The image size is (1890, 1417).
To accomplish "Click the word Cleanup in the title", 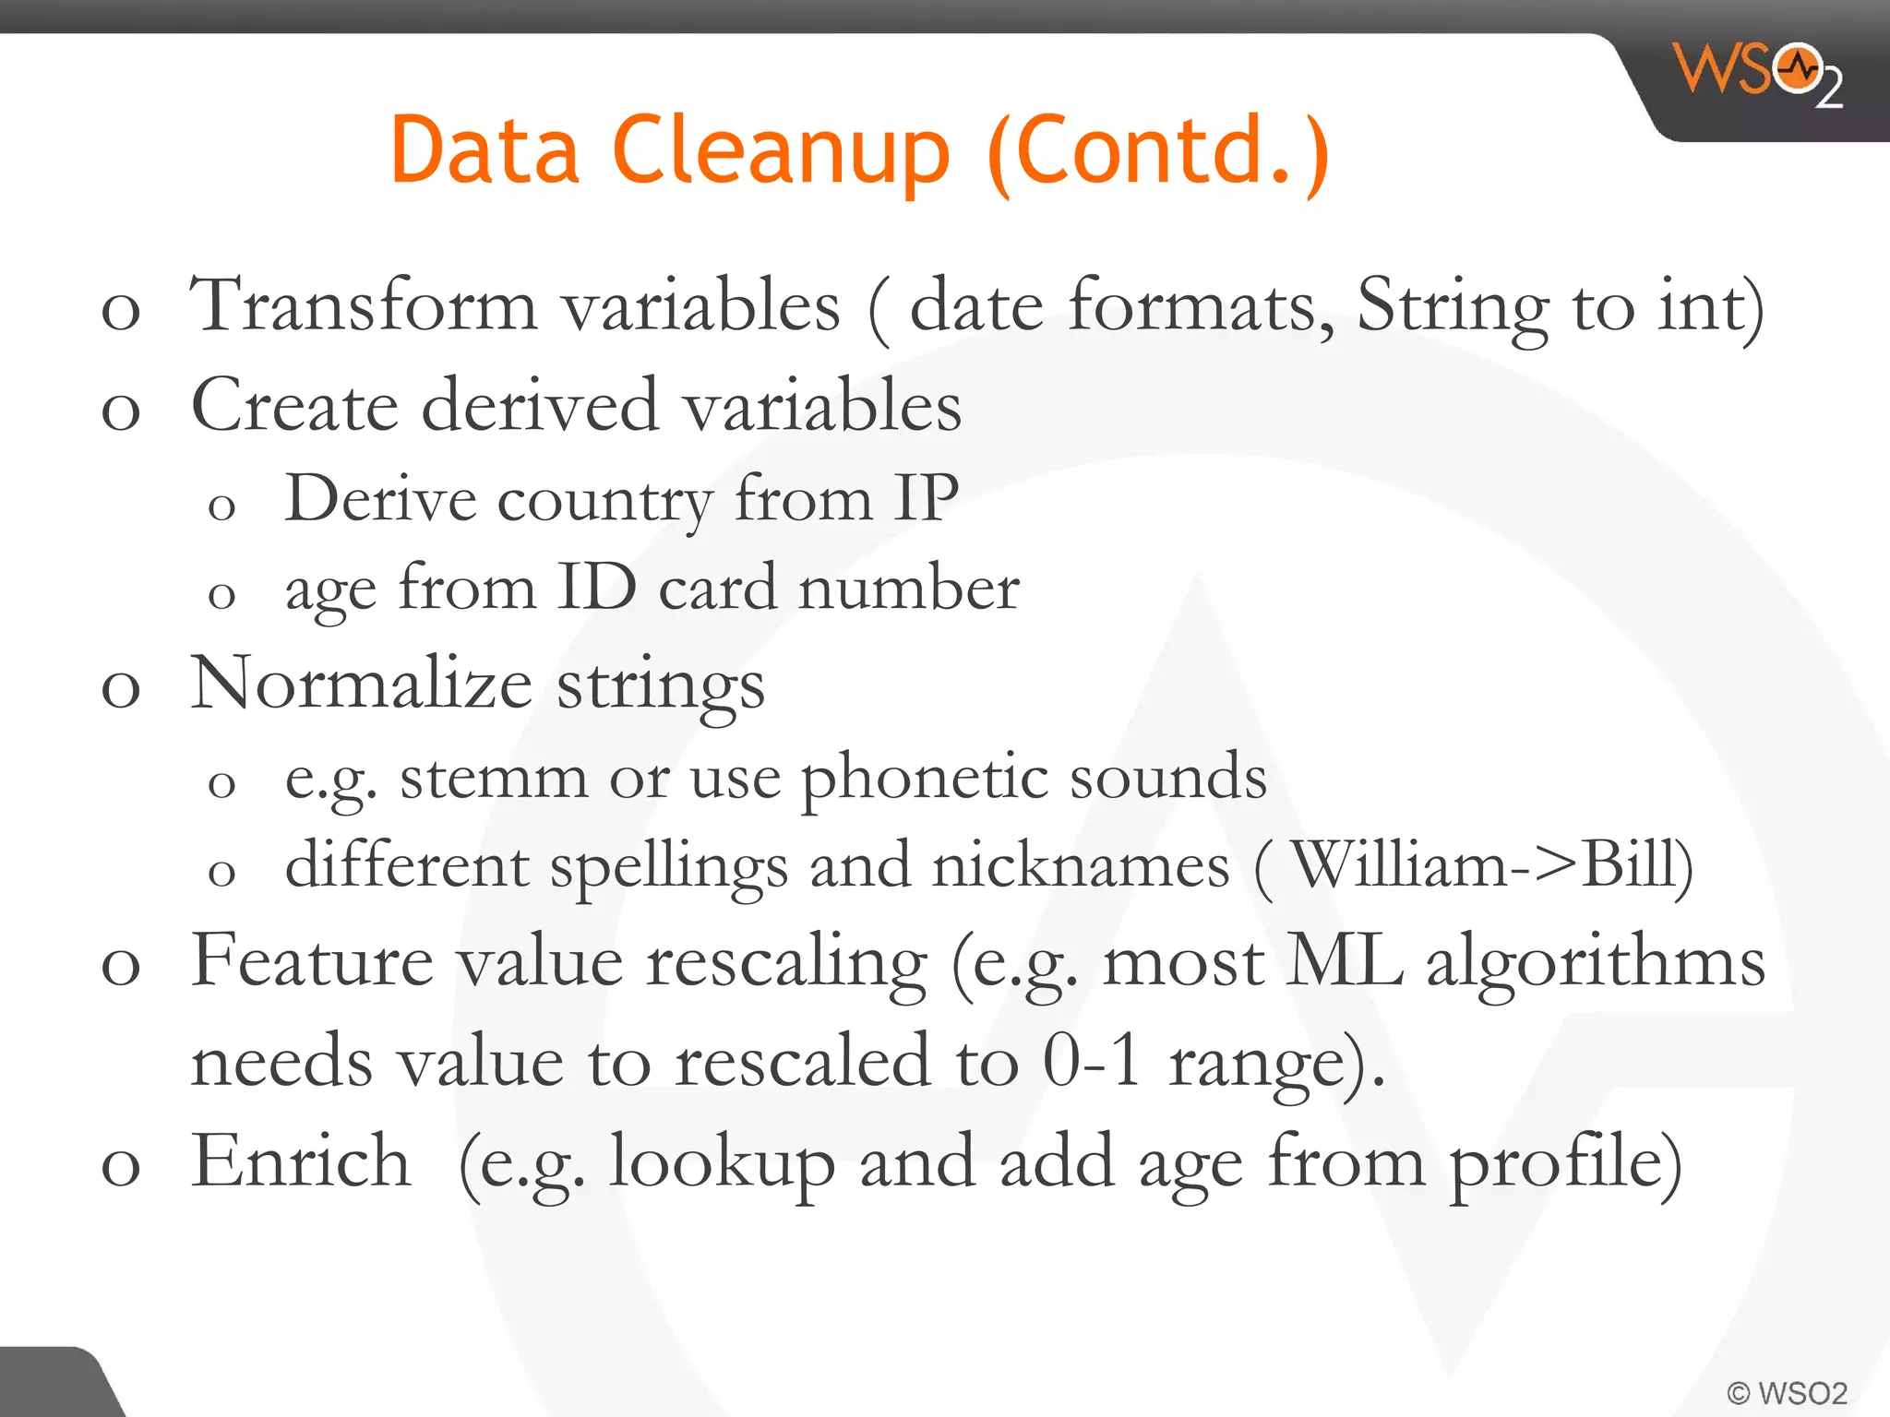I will pos(780,151).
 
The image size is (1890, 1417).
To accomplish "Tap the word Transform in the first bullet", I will pos(363,305).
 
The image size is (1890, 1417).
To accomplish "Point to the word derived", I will pos(540,406).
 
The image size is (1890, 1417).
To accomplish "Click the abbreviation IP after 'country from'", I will pos(926,499).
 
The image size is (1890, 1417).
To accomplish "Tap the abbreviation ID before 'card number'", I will pos(596,588).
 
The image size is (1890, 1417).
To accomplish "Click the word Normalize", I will pos(361,684).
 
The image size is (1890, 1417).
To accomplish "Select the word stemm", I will pos(494,777).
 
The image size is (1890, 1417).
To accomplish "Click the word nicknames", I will pos(1081,866).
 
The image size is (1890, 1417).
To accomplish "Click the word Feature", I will pos(312,961).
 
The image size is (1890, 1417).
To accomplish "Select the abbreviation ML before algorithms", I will pos(1346,961).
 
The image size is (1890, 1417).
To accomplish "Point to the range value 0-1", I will pos(1092,1061).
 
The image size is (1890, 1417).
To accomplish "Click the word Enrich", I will pos(301,1161).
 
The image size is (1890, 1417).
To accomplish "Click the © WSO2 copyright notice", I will pos(1787,1392).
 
